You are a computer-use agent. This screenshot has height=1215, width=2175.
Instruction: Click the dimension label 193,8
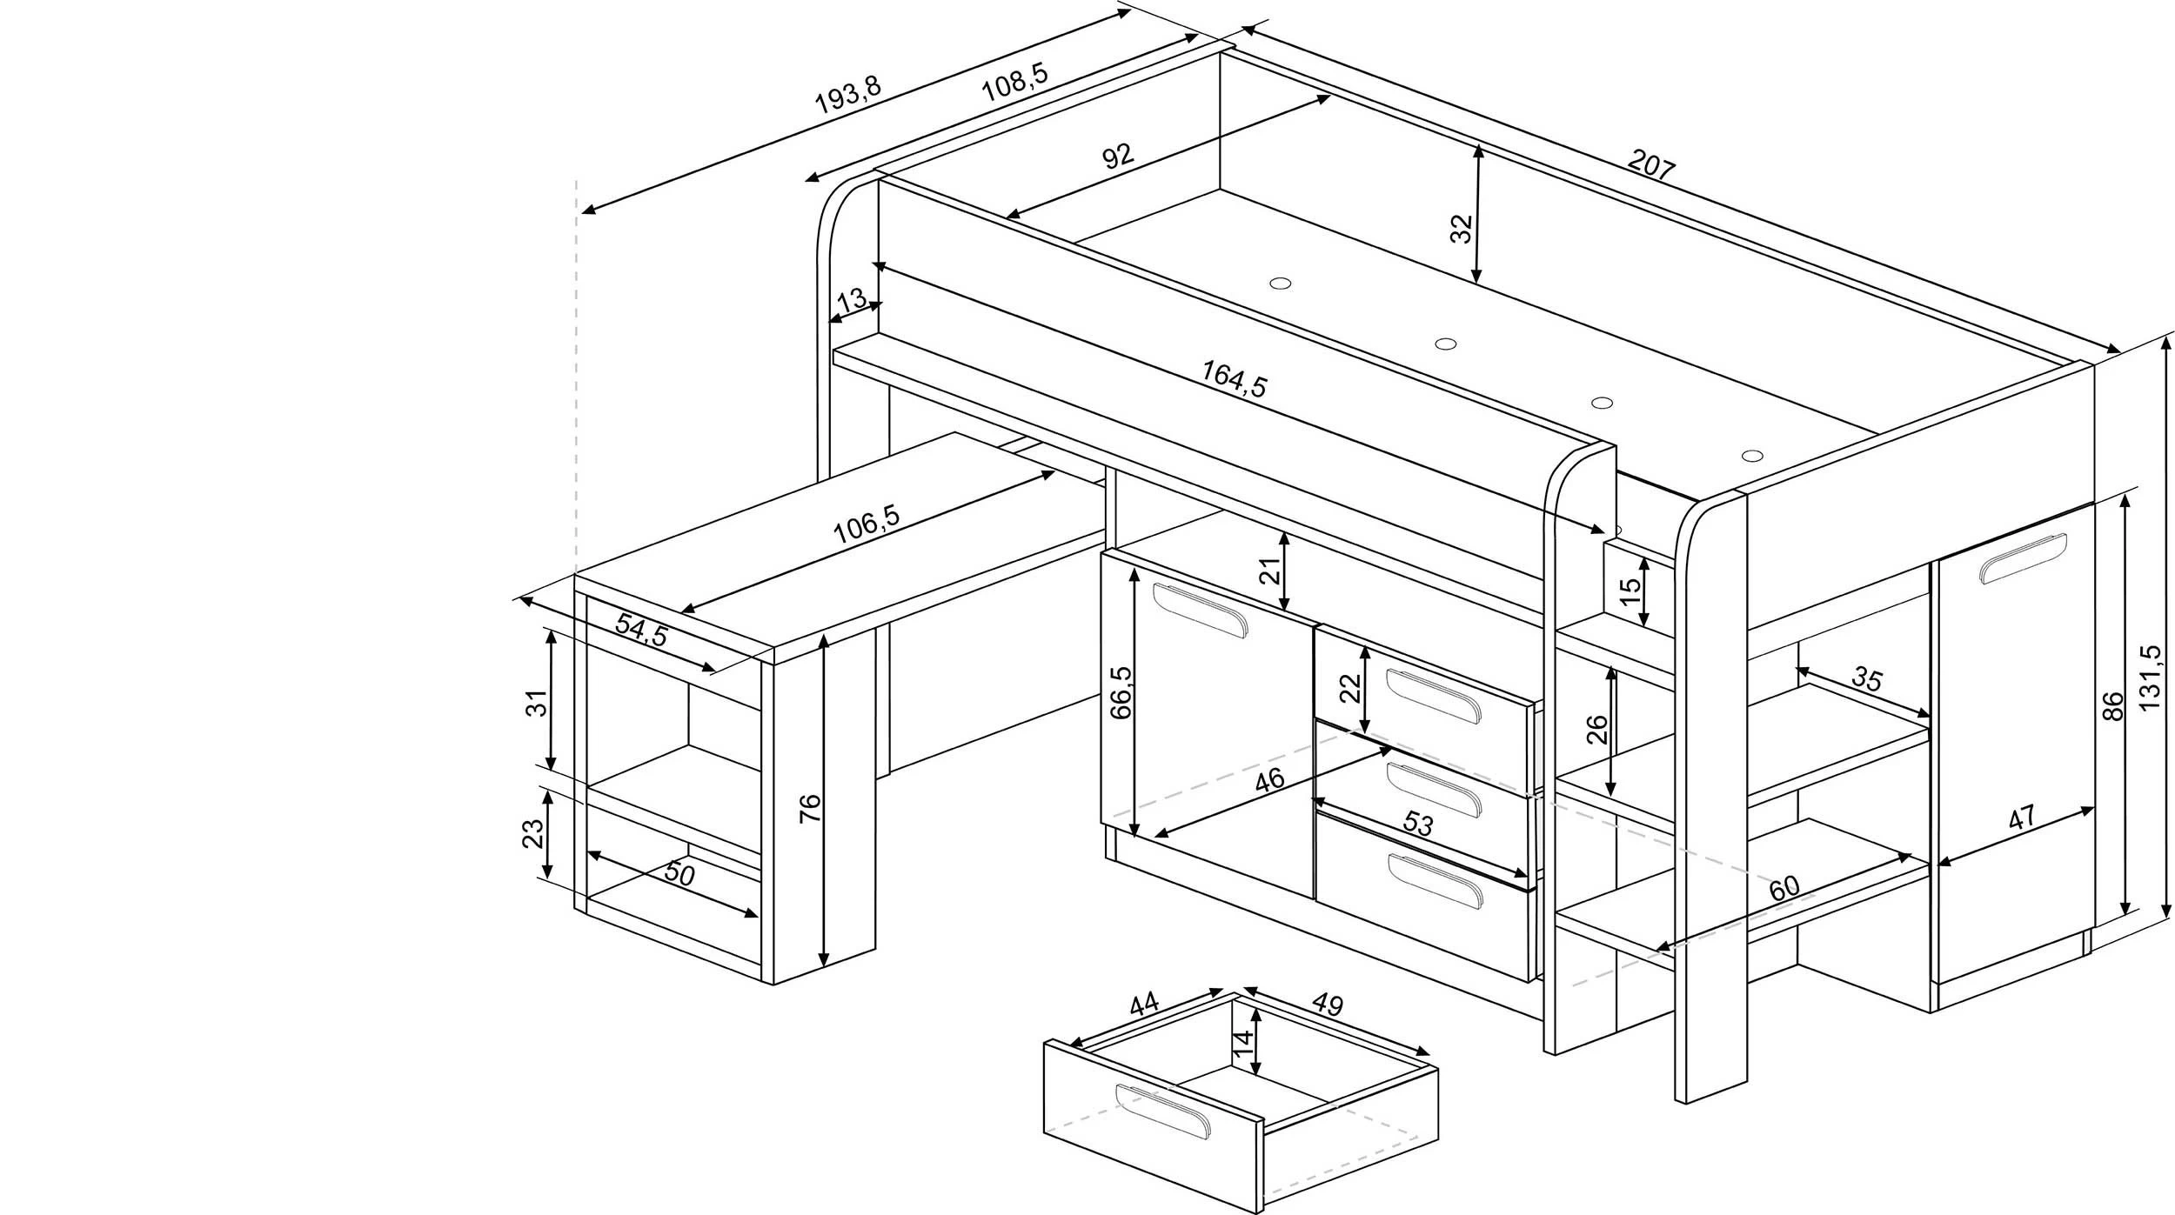pos(847,96)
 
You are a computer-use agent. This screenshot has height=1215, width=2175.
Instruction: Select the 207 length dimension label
pos(1650,166)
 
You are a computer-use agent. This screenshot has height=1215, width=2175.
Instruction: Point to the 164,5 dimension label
pos(1235,379)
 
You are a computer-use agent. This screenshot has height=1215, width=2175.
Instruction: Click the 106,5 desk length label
pos(866,524)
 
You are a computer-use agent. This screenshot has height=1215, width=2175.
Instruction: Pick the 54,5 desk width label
pos(641,629)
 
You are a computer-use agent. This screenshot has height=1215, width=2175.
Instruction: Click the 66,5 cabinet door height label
pos(1121,692)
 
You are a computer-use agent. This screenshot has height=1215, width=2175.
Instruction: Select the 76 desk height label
pos(809,808)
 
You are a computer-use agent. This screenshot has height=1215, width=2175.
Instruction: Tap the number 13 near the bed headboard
pos(851,301)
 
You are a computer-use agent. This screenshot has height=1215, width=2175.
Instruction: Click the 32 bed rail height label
pos(1462,228)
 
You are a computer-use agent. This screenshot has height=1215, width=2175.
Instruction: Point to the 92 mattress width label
pos(1118,157)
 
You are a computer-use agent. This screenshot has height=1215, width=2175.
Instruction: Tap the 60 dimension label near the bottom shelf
pos(1783,888)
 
